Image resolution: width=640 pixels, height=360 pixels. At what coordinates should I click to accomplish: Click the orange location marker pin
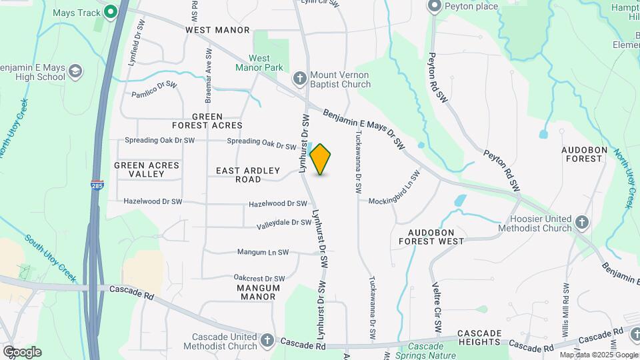321,159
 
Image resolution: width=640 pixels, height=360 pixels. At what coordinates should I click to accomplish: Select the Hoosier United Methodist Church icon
582,223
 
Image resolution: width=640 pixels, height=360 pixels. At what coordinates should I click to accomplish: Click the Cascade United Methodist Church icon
267,341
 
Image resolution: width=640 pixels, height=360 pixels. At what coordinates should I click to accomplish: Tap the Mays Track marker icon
110,11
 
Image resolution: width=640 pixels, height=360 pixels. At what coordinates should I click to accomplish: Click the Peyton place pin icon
435,7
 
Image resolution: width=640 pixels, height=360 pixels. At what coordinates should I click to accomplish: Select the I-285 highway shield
95,183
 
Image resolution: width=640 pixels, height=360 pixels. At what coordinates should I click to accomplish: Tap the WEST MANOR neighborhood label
217,30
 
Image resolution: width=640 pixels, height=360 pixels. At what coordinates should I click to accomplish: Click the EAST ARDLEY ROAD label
248,175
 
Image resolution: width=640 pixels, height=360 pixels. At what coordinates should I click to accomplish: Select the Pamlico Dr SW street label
154,89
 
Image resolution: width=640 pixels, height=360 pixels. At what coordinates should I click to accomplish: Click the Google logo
21,352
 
